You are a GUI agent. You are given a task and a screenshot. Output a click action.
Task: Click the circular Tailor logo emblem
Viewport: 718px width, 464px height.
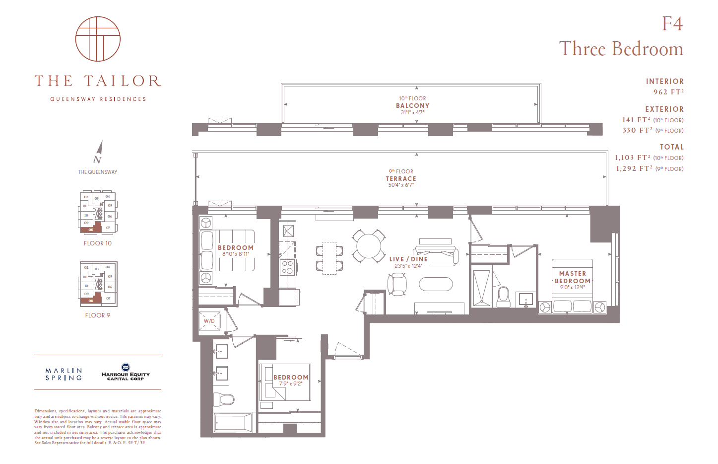tap(98, 39)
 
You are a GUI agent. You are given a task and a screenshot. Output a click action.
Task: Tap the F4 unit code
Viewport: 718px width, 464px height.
tap(672, 24)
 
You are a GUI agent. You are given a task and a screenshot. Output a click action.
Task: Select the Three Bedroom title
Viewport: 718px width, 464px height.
tap(621, 49)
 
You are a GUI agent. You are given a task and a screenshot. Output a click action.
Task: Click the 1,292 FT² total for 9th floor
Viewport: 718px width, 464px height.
tap(633, 168)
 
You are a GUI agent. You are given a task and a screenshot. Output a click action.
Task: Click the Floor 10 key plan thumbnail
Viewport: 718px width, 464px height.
tap(98, 212)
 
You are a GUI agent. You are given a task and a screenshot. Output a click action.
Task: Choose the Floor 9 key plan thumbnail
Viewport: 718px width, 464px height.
tap(98, 283)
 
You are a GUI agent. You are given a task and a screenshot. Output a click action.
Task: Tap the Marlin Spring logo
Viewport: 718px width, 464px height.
tap(64, 374)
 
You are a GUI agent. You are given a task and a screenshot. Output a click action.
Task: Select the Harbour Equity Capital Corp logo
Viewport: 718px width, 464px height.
tap(126, 373)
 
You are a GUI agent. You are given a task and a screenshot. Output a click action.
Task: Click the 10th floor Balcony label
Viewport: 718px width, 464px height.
tap(412, 105)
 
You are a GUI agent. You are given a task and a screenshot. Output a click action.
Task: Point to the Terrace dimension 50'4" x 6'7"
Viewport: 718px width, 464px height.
tap(401, 185)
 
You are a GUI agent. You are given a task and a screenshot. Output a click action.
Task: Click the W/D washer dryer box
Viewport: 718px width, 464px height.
tap(209, 321)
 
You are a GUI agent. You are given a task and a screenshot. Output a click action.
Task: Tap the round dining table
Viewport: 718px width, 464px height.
tap(369, 245)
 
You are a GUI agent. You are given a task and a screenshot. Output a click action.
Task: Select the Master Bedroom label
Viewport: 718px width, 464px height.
tap(573, 277)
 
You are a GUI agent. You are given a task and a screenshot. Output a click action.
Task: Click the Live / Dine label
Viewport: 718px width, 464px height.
tap(408, 259)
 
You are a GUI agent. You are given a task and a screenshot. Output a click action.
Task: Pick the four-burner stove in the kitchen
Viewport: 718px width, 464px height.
tap(287, 267)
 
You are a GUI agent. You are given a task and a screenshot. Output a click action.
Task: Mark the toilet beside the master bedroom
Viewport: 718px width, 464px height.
tap(504, 297)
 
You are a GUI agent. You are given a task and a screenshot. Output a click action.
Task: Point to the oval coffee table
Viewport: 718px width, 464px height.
tap(436, 284)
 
